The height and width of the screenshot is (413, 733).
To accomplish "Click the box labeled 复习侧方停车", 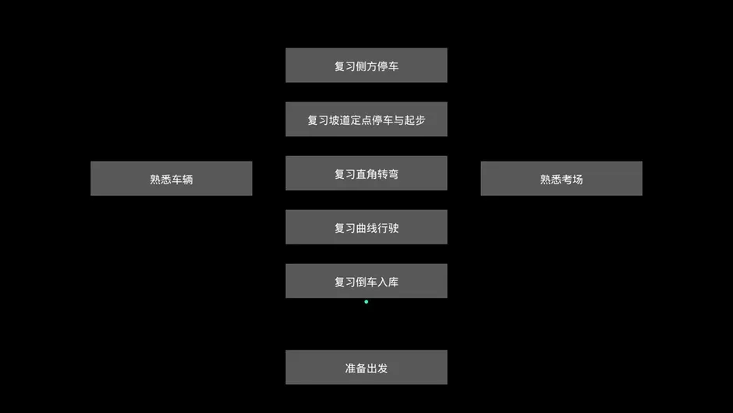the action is [366, 65].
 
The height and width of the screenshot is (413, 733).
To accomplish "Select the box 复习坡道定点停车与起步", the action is [366, 119].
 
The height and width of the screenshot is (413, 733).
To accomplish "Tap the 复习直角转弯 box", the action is [366, 173].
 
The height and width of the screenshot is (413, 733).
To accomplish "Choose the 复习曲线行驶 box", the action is [366, 226].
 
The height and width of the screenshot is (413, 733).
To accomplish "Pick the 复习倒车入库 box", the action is [366, 280].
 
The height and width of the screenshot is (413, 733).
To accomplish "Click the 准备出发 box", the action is [366, 367].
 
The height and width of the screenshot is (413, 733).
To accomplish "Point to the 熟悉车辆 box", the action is [171, 179].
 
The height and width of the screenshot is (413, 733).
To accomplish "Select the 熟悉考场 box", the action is [561, 179].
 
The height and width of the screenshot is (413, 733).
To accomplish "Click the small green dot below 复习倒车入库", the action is [366, 302].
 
